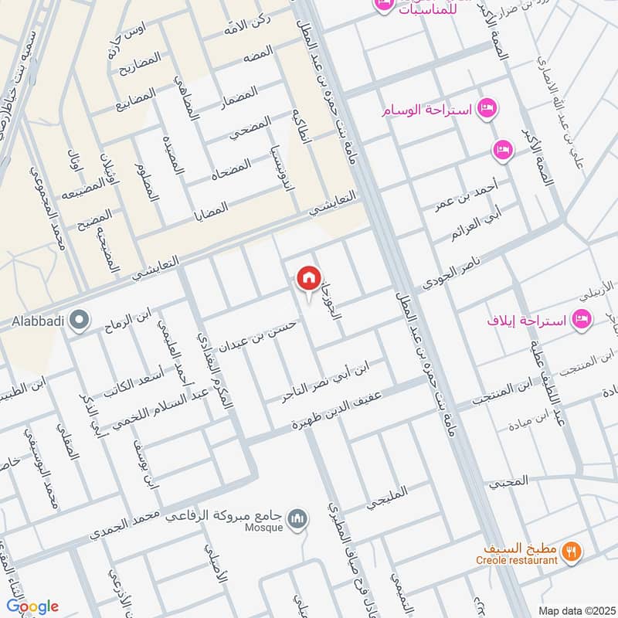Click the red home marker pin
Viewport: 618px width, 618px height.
click(x=308, y=278)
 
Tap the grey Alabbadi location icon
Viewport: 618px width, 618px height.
click(x=78, y=319)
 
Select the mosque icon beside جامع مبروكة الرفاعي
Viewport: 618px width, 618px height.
click(x=297, y=518)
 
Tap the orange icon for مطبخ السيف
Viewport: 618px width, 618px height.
click(x=572, y=551)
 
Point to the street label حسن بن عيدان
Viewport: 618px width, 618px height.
click(x=248, y=335)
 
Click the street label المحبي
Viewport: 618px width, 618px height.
click(x=508, y=481)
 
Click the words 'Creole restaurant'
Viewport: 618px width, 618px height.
click(x=528, y=560)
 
